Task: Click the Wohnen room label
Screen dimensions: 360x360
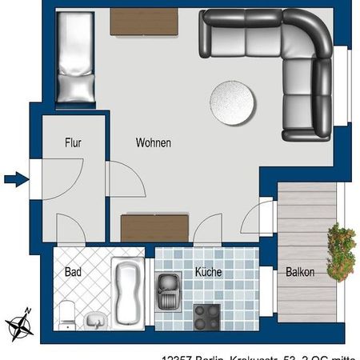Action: pyautogui.click(x=152, y=143)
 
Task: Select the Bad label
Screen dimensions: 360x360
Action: pyautogui.click(x=73, y=272)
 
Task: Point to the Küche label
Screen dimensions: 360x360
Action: pyautogui.click(x=208, y=272)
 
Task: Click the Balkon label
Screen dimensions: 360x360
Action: pyautogui.click(x=300, y=272)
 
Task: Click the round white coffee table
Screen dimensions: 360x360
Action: pyautogui.click(x=233, y=103)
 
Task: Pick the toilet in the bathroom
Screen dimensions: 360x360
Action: pyautogui.click(x=69, y=315)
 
